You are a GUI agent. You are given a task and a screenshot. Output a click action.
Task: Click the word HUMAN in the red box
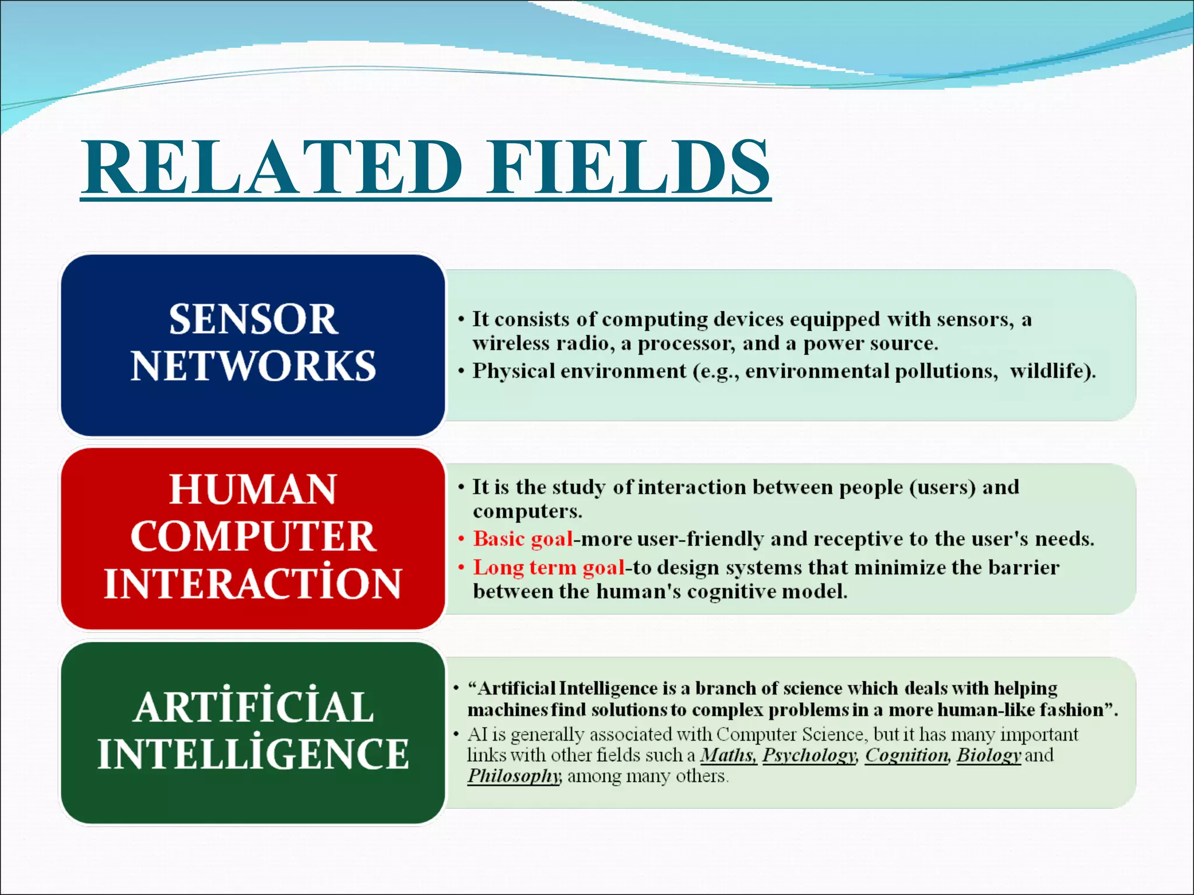(x=253, y=489)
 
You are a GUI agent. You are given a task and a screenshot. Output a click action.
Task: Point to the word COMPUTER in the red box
(x=253, y=536)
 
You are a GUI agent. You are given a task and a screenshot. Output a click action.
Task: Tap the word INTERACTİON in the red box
(x=253, y=583)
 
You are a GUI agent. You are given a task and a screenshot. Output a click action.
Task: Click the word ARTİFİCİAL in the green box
(x=253, y=707)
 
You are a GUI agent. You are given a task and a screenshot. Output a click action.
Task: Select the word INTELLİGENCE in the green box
(x=253, y=754)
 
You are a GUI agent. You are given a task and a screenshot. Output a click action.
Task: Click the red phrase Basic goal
(x=523, y=539)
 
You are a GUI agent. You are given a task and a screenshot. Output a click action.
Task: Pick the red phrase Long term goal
(x=548, y=568)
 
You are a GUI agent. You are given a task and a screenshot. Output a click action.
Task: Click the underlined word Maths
(x=728, y=755)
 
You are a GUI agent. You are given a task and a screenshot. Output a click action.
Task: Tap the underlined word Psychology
(x=809, y=756)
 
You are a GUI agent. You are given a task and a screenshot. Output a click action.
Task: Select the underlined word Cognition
(x=907, y=756)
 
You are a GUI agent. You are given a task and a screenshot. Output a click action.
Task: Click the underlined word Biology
(x=989, y=756)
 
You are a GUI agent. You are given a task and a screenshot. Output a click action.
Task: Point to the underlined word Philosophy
(x=514, y=777)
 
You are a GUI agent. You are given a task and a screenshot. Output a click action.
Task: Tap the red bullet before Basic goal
(x=461, y=539)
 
